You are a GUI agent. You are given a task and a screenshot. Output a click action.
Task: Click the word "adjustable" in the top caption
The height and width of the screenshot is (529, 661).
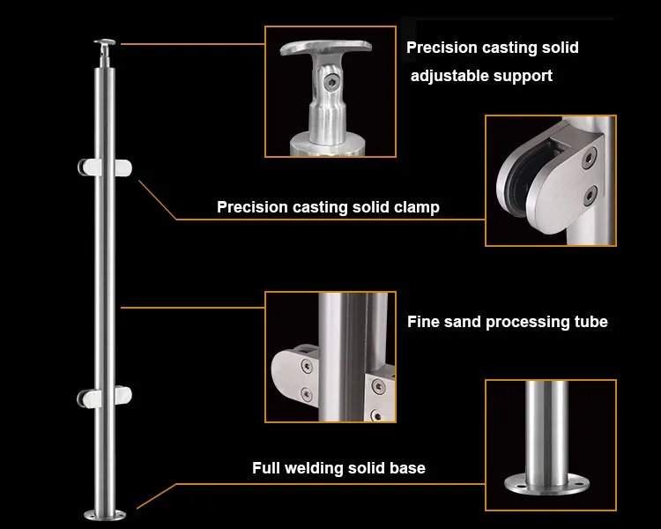point(450,76)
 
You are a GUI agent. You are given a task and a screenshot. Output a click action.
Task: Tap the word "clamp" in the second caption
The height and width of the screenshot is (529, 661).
point(412,208)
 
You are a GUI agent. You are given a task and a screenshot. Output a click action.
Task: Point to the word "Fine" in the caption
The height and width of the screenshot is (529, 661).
point(424,322)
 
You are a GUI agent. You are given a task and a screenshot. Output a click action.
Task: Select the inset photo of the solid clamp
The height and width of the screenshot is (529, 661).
point(550,180)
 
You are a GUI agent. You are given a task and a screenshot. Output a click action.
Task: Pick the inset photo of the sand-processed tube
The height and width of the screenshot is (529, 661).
point(330,358)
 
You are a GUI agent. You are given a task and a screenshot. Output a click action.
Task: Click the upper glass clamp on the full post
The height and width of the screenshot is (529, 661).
point(105,167)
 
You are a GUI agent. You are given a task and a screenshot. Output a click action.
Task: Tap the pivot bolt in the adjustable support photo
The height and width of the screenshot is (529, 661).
point(330,84)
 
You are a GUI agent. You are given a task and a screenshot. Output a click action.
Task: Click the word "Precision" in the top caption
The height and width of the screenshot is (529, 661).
point(445,48)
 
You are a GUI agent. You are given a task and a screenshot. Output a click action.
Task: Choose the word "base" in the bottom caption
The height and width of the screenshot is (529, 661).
point(406,468)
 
